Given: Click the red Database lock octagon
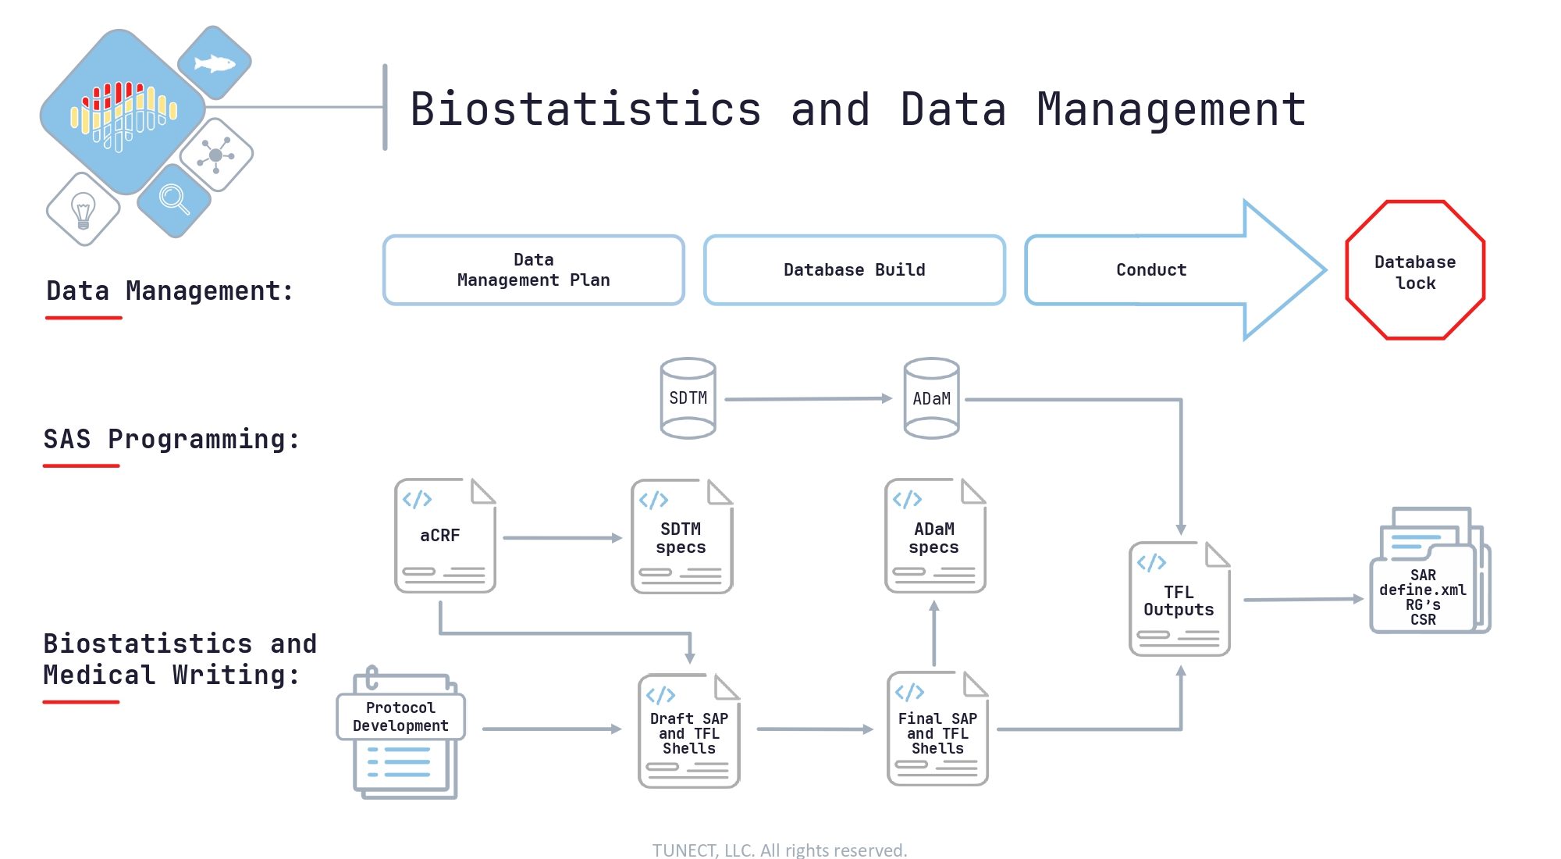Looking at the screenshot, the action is (1415, 270).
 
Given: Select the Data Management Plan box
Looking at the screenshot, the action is (534, 270).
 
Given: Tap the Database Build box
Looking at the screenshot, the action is (855, 270).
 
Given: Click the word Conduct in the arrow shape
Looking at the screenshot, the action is (1151, 270).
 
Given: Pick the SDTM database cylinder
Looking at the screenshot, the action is (688, 398).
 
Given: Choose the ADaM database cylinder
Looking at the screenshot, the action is (931, 398).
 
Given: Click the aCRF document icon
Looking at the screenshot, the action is (445, 536).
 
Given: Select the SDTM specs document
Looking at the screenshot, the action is (681, 536).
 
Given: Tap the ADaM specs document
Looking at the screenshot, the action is (935, 536).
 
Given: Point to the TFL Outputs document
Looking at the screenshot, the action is (1179, 599).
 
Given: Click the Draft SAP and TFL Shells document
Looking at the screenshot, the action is (688, 731).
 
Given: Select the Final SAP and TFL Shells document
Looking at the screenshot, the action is (937, 729).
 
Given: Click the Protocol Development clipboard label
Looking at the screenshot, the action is (400, 717).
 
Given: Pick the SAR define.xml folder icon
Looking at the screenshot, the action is (1430, 570).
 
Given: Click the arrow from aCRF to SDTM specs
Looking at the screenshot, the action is (563, 538).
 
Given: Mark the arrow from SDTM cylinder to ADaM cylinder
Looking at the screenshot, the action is (809, 399).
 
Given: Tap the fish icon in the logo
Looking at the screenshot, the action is (214, 62).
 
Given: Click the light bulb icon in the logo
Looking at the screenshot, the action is (83, 210).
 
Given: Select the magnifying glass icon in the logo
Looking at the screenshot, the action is (174, 199).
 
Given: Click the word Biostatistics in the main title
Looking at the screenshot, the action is (585, 109).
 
